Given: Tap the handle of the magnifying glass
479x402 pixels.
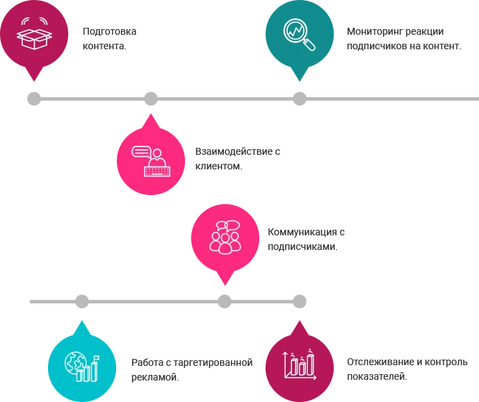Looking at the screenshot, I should (309, 45).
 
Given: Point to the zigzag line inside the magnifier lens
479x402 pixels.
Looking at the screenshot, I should (295, 31).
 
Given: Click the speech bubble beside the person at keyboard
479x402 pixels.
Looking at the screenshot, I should (141, 149).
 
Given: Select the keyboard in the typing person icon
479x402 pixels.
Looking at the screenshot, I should (156, 170).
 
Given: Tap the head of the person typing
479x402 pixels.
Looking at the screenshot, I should (158, 153).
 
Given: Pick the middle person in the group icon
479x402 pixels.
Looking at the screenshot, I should (225, 243).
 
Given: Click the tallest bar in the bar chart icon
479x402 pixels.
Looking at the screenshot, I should (310, 362).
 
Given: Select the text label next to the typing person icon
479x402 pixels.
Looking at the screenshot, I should (238, 158).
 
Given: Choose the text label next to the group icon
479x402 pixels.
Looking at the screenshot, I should (304, 238).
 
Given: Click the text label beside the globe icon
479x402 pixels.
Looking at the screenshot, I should (190, 369).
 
